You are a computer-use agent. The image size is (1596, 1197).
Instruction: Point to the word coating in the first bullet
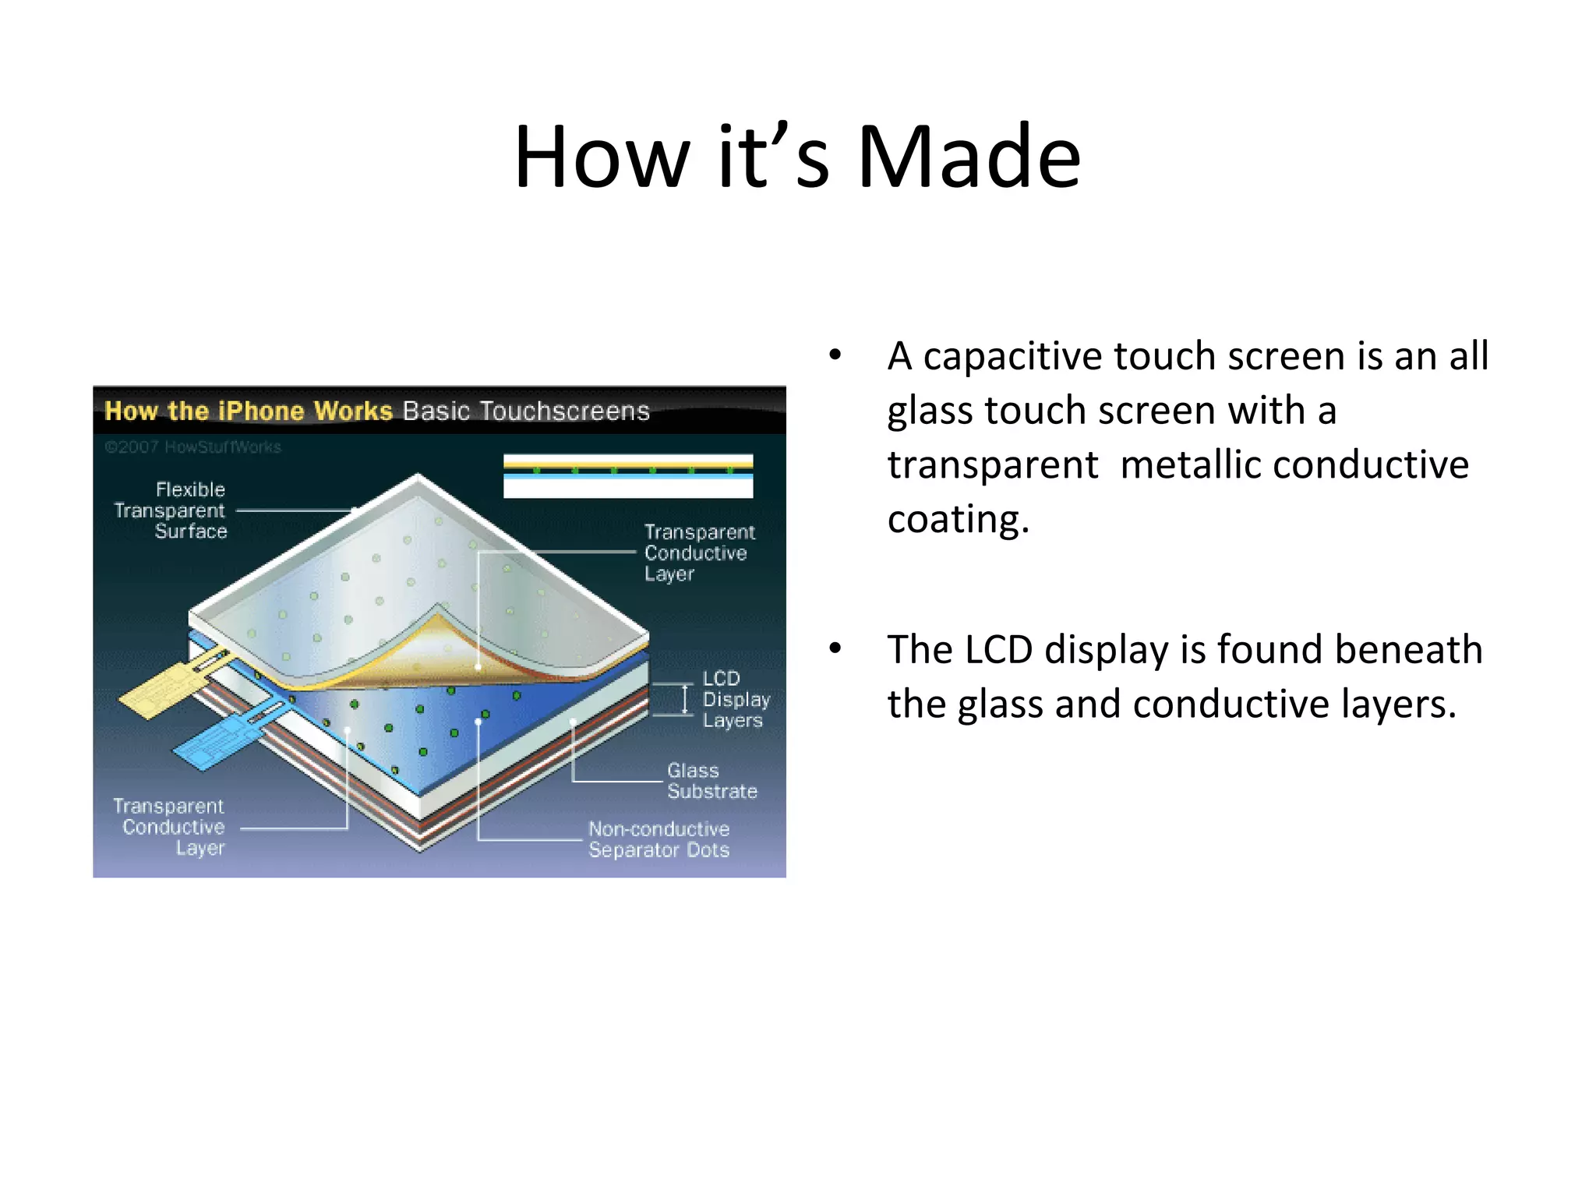(x=958, y=520)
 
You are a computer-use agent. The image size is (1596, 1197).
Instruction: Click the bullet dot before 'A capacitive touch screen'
(x=835, y=356)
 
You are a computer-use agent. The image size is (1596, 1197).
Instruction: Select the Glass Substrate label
(x=711, y=781)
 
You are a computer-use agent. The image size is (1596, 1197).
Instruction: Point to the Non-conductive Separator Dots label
(x=659, y=839)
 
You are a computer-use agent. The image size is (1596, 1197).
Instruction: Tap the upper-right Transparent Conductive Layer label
(x=698, y=553)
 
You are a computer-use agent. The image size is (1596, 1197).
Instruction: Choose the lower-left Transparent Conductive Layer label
(x=170, y=826)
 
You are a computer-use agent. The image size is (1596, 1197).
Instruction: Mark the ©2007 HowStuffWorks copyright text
(x=192, y=447)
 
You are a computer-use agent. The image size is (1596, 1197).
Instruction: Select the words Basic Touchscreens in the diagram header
(x=526, y=411)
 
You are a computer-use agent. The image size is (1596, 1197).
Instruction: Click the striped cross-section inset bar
(x=628, y=475)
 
